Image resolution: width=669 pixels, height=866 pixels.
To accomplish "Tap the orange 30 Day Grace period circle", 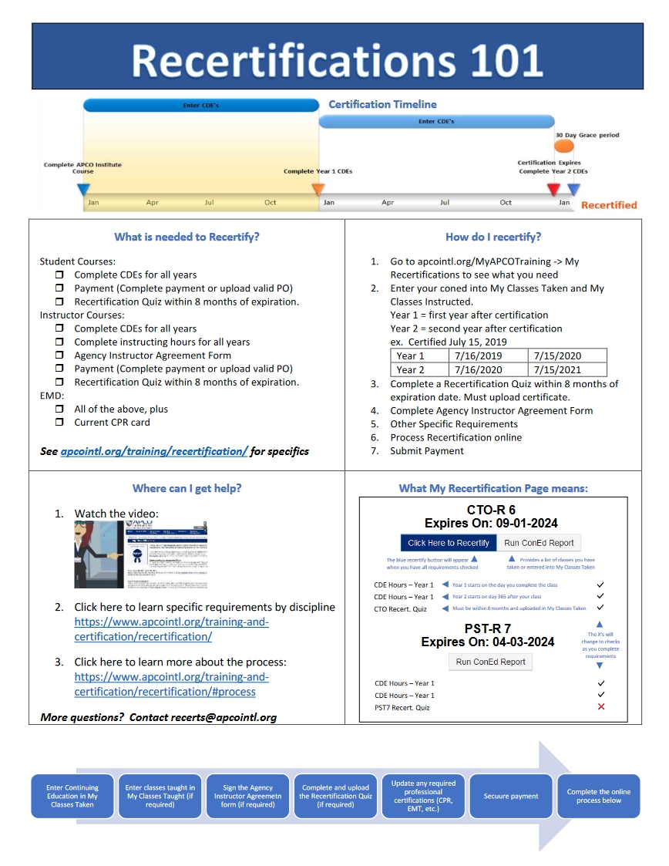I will [564, 146].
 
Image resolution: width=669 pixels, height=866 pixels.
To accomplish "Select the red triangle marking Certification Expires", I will [553, 189].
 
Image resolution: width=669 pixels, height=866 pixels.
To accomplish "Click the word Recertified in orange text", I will [609, 205].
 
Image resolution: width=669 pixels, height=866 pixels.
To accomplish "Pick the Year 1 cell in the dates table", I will [411, 356].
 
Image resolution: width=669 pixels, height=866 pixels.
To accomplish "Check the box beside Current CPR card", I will [59, 423].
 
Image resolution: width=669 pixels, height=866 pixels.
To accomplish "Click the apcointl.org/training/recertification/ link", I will [153, 451].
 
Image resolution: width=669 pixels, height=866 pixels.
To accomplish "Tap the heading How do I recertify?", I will [493, 237].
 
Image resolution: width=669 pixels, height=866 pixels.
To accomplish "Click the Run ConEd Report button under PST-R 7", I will [491, 662].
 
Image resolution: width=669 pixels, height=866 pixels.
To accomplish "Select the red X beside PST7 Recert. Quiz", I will [601, 707].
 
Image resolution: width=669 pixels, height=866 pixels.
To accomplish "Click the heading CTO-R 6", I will [491, 510].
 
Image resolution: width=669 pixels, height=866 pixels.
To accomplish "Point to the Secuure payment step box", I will [511, 796].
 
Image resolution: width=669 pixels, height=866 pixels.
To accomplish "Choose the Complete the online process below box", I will [599, 796].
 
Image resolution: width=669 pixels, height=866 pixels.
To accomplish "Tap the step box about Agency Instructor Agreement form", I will [248, 796].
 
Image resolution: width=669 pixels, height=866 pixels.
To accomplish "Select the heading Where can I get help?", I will [187, 488].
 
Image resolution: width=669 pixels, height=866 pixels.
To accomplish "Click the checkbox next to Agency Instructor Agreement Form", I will [59, 355].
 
